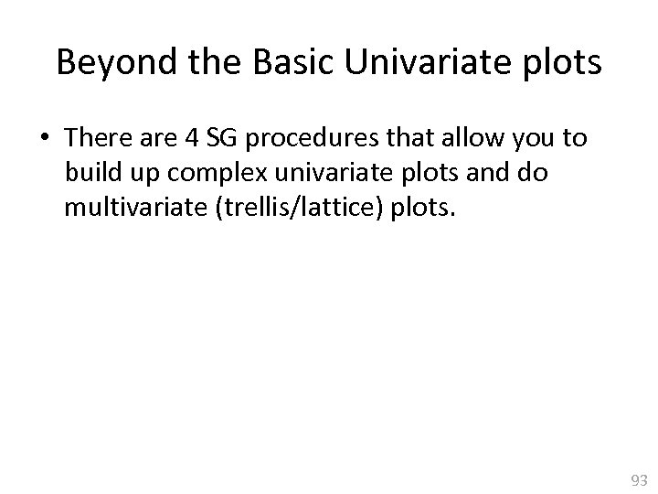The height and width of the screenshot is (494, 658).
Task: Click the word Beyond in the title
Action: pyautogui.click(x=103, y=63)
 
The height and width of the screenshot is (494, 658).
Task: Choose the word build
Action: pyautogui.click(x=89, y=173)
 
